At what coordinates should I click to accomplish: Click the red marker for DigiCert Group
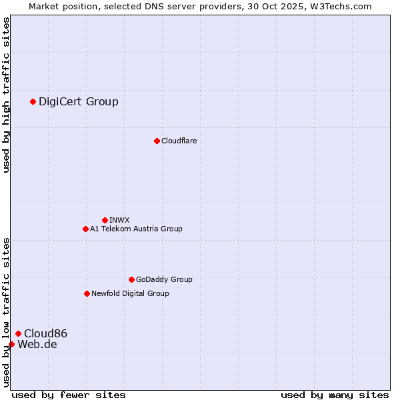tap(33, 101)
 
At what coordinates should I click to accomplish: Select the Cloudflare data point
tap(157, 141)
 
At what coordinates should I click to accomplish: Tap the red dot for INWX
tap(105, 220)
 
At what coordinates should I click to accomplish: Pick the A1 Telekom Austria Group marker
tap(85, 229)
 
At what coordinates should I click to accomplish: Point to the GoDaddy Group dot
tap(131, 279)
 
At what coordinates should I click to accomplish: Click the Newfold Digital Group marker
tap(87, 293)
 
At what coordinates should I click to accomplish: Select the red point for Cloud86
tap(18, 333)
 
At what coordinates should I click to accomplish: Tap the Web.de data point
tap(11, 344)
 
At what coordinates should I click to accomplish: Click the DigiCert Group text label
tap(79, 101)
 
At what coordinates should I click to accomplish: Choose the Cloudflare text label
tap(179, 141)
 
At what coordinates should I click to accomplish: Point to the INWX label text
tap(119, 220)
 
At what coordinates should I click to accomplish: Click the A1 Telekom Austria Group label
tap(136, 229)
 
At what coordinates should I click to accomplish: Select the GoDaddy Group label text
tap(164, 279)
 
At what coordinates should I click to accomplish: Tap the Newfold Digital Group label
tap(130, 293)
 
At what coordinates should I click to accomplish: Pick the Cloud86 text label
tap(45, 333)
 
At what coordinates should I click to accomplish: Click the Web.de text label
tap(37, 344)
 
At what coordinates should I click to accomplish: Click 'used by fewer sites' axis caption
tap(69, 395)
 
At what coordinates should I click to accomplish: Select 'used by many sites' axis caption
tap(335, 395)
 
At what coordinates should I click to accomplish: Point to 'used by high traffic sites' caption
tap(7, 95)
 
